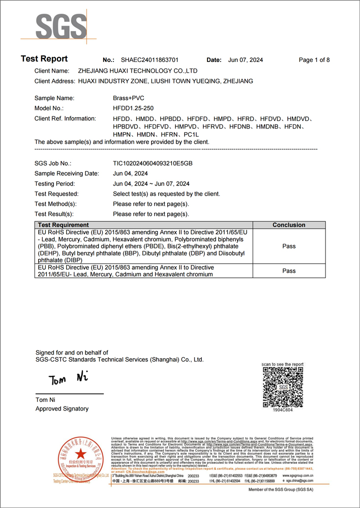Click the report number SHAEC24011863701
[149, 60]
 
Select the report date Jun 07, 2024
[246, 60]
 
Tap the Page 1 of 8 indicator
[314, 60]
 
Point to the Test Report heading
[44, 59]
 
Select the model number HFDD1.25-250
[133, 108]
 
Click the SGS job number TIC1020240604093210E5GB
[153, 164]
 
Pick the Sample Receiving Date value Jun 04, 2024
[131, 174]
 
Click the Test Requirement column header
[64, 225]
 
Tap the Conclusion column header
[289, 225]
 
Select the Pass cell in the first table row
[289, 246]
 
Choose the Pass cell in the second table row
[289, 271]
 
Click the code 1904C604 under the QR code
[283, 409]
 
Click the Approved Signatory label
[62, 409]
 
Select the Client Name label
[51, 71]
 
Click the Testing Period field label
[54, 184]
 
